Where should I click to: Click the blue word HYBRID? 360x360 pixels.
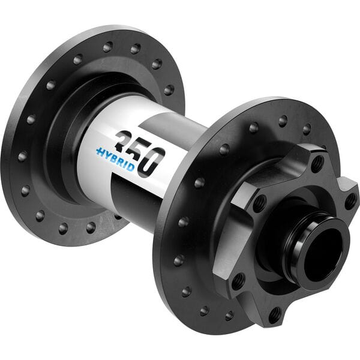tap(115, 158)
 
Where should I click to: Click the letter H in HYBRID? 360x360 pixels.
tap(100, 152)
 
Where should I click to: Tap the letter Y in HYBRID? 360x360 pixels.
tap(106, 154)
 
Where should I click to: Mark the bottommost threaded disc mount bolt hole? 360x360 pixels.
tap(274, 313)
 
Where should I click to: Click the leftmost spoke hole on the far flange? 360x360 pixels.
tap(22, 156)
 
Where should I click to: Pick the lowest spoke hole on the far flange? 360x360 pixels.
tap(91, 227)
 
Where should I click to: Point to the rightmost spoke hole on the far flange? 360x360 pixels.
tap(169, 90)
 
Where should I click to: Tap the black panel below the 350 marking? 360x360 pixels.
tap(138, 198)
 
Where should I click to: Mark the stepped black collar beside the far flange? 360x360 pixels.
tap(66, 138)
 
